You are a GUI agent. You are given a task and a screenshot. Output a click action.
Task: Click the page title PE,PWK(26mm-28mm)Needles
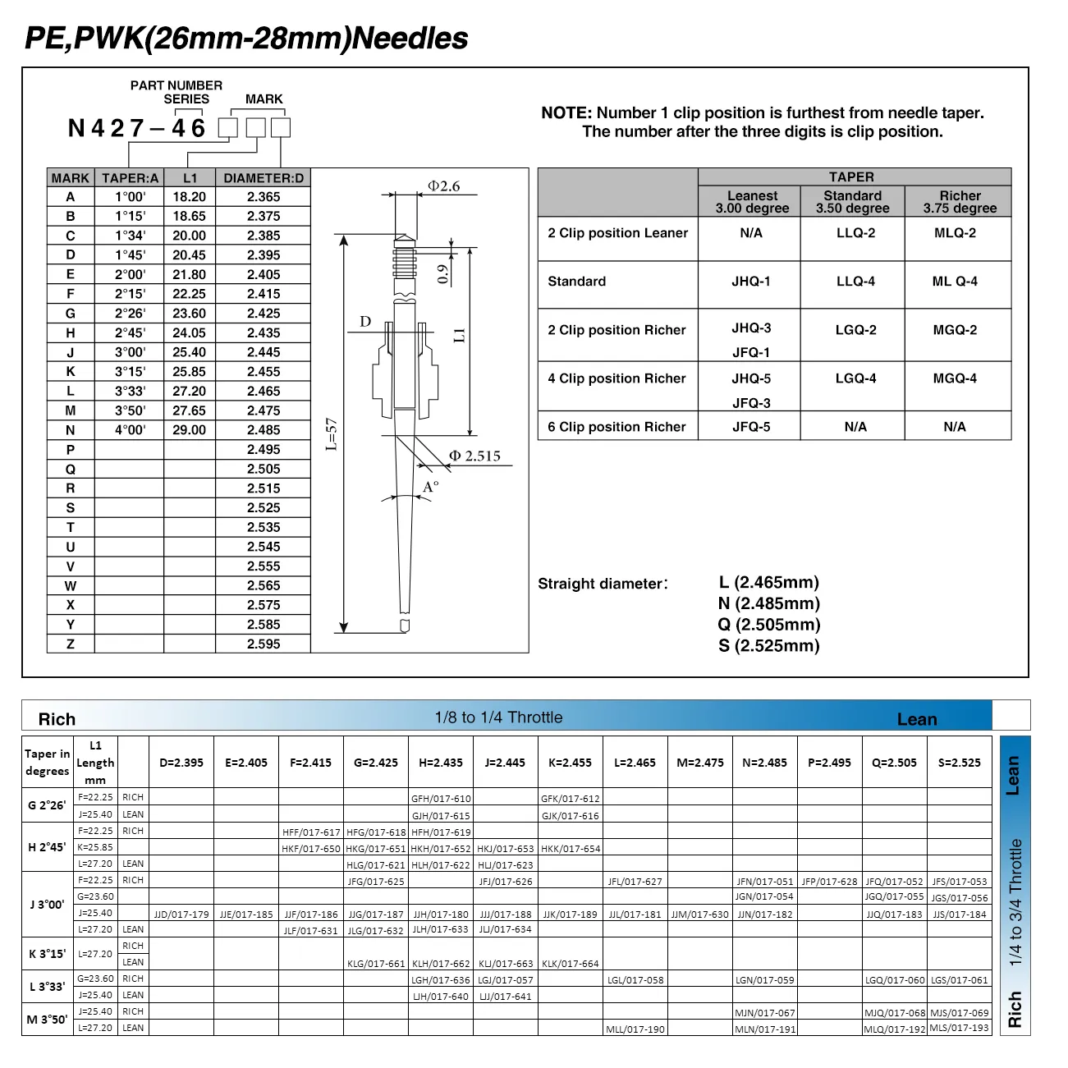(x=246, y=38)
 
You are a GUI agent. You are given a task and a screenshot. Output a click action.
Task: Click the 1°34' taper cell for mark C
(x=130, y=236)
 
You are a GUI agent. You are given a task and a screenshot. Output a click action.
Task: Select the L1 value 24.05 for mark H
(x=189, y=332)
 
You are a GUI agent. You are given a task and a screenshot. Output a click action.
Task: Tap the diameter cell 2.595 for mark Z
(x=264, y=644)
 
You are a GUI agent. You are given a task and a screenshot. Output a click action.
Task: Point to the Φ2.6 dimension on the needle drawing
(x=443, y=186)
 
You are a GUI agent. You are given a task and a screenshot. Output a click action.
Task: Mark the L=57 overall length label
(x=331, y=434)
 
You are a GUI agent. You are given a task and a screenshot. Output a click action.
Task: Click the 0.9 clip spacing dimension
(x=443, y=273)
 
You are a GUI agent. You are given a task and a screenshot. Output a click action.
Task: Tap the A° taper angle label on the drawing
(x=430, y=488)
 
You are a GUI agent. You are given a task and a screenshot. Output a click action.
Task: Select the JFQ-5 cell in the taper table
(x=751, y=427)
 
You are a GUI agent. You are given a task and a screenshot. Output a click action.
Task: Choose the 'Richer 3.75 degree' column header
(x=960, y=202)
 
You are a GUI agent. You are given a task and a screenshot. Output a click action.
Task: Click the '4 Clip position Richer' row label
(x=617, y=378)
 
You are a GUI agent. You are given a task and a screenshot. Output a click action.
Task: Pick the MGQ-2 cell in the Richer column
(x=955, y=330)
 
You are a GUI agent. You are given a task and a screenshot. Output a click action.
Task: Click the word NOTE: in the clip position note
(x=566, y=113)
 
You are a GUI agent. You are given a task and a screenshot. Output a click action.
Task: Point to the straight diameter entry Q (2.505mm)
(x=768, y=625)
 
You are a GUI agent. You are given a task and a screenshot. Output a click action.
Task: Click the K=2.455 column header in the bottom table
(x=570, y=763)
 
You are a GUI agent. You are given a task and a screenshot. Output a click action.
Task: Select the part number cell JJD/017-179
(x=181, y=914)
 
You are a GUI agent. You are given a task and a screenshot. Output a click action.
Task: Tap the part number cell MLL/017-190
(x=635, y=1029)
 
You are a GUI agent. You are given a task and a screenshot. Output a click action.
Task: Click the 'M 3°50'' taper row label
(x=48, y=1020)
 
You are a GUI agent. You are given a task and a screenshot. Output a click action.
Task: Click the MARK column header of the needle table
(x=70, y=178)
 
